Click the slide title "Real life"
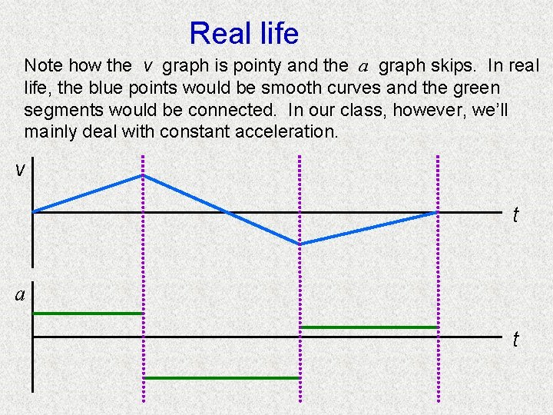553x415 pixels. pyautogui.click(x=243, y=34)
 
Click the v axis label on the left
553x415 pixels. pyautogui.click(x=20, y=169)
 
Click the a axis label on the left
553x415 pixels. pyautogui.click(x=20, y=294)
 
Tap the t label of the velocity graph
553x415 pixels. pyautogui.click(x=516, y=215)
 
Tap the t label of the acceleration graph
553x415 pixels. pyautogui.click(x=516, y=340)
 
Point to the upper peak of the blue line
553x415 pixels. pyautogui.click(x=143, y=175)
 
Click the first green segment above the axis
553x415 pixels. pyautogui.click(x=88, y=314)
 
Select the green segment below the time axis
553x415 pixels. pyautogui.click(x=221, y=378)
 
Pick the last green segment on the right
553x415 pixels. pyautogui.click(x=369, y=327)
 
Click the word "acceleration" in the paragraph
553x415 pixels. pyautogui.click(x=286, y=132)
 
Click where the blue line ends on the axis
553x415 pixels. pyautogui.click(x=437, y=212)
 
